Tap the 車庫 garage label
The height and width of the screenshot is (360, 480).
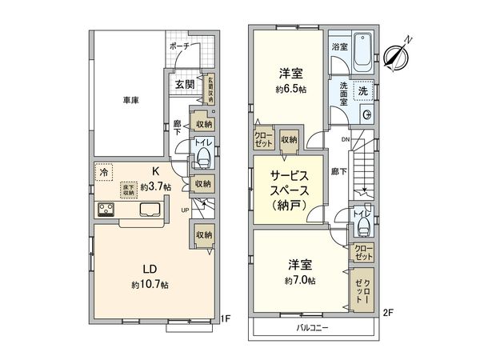tap(133, 100)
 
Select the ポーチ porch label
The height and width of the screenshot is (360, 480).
tap(179, 46)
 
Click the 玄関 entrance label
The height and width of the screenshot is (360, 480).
tap(183, 83)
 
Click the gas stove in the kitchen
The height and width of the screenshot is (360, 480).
tap(106, 210)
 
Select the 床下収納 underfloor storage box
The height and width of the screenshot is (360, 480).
tap(127, 190)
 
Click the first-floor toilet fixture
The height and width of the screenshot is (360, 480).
tap(203, 154)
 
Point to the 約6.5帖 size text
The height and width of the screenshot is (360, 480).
tap(291, 89)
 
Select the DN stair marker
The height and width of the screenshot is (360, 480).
tap(346, 138)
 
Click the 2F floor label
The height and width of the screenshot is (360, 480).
tap(387, 310)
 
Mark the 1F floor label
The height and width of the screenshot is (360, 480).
tap(226, 319)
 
